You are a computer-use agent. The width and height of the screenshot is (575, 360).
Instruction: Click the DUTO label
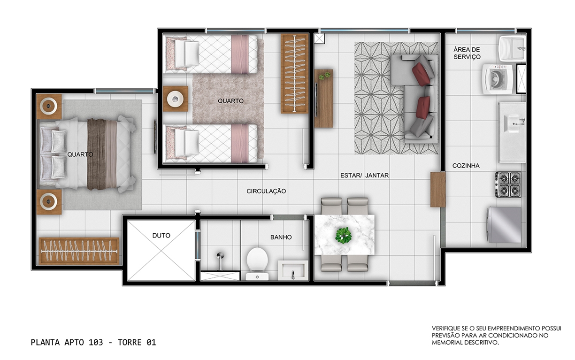pos(161,236)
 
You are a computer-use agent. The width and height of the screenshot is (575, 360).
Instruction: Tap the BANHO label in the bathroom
pos(281,237)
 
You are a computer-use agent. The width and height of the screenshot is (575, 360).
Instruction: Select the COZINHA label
pos(466,166)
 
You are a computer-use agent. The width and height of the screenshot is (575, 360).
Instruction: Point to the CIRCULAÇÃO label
pos(266,191)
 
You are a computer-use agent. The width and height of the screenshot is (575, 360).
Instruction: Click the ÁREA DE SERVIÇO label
pos(467,53)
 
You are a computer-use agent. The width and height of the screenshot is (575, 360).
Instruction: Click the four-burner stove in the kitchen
pos(508,184)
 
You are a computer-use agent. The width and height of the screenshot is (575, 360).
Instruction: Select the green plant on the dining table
pos(343,235)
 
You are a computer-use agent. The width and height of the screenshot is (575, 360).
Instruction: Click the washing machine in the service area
pos(497,79)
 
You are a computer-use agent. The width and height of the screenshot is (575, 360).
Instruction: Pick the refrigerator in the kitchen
pos(504,225)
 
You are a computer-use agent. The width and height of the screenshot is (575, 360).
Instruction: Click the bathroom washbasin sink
pos(293,271)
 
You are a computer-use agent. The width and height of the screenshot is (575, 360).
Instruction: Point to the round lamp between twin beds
pos(175,99)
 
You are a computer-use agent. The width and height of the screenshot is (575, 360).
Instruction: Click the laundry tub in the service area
pos(512,48)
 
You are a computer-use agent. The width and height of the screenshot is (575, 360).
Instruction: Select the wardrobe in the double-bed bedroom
pos(79,251)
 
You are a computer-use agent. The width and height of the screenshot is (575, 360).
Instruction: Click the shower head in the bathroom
pos(220,257)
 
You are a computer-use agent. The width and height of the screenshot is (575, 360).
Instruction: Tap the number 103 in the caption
pos(96,342)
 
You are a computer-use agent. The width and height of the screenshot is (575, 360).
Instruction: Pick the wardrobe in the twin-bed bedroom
pos(294,74)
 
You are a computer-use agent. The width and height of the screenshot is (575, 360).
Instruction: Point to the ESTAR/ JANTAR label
pos(364,176)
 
